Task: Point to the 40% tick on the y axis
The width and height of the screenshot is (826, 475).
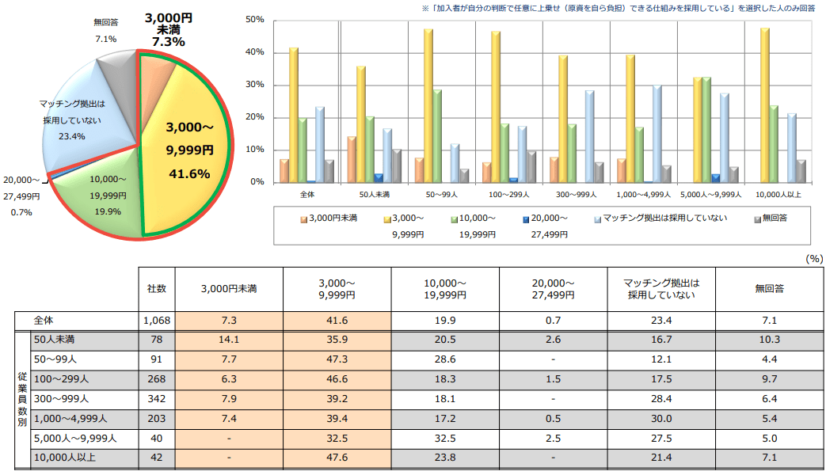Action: click(255, 52)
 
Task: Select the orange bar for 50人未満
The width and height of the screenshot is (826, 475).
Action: click(352, 160)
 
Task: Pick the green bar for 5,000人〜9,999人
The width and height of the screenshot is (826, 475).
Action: click(706, 130)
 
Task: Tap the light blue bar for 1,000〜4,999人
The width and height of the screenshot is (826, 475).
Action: click(657, 134)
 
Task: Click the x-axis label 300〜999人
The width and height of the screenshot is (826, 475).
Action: click(576, 194)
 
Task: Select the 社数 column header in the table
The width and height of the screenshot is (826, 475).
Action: click(157, 289)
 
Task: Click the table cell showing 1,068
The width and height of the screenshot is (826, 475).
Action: click(157, 321)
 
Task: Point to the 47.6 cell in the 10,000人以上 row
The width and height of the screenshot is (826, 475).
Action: click(337, 457)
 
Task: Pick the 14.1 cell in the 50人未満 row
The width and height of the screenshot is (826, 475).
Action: click(229, 340)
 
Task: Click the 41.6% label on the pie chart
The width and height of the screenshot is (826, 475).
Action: click(188, 174)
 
